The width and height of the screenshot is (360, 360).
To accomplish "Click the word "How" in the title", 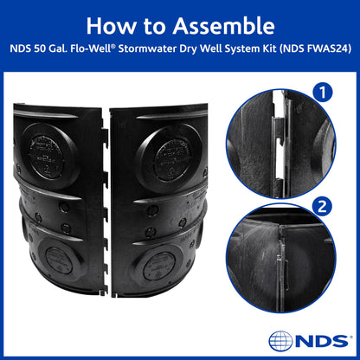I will pos(110,25).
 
